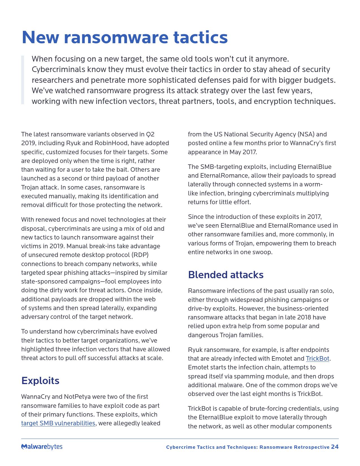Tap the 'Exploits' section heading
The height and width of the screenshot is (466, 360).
(40, 381)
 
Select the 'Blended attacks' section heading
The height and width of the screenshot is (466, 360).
(226, 275)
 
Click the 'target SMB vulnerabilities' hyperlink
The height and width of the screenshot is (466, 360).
(58, 423)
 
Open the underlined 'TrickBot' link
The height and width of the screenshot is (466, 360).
(317, 359)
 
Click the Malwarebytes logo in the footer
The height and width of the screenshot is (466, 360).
(42, 447)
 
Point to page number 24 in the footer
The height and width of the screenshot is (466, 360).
(335, 447)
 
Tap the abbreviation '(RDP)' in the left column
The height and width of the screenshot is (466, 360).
(140, 255)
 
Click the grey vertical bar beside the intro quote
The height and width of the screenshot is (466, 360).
(23, 80)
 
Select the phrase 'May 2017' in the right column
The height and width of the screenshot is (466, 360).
(243, 152)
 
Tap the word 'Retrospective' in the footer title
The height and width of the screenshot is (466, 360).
(311, 447)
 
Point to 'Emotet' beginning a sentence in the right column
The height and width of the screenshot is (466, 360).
(198, 367)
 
